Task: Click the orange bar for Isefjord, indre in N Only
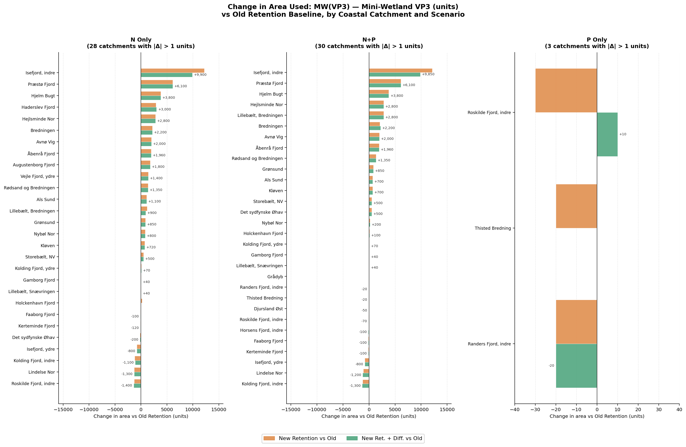[172, 71]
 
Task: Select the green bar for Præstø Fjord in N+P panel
[385, 85]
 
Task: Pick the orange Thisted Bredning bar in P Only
[576, 206]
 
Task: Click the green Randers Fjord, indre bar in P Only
[576, 365]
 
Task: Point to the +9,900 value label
[200, 75]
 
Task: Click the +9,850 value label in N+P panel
[428, 74]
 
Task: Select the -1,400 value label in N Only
[127, 385]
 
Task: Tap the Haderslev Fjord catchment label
[38, 107]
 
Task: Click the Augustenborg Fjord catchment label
[34, 165]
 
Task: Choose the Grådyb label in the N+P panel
[275, 277]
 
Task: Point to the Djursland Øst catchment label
[268, 309]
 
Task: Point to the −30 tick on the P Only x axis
[535, 409]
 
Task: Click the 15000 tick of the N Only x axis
[219, 409]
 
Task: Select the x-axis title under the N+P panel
[369, 416]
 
